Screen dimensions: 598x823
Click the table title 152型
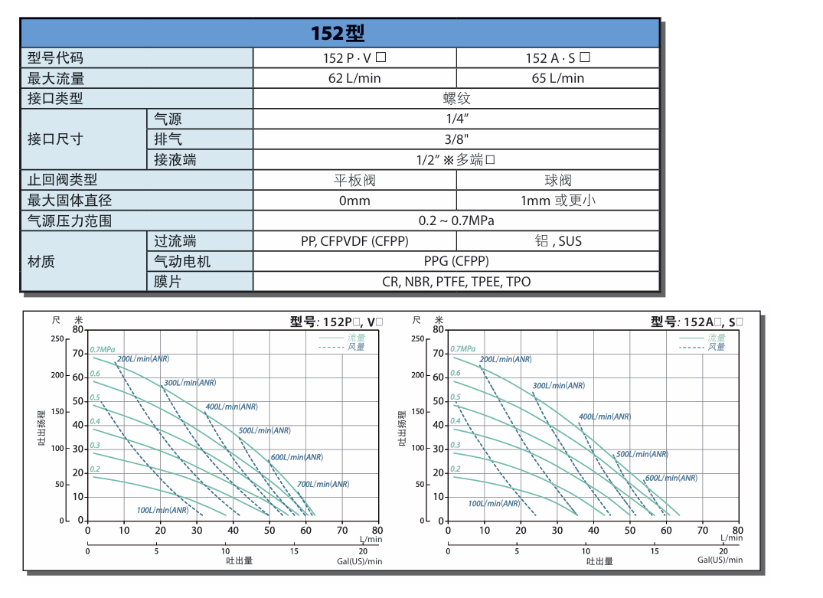point(338,34)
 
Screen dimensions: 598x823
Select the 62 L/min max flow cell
point(354,78)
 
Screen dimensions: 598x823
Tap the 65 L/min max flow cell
point(557,78)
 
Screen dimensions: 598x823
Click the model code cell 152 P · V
point(354,57)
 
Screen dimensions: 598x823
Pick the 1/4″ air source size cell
point(456,119)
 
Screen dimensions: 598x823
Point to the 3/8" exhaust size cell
point(456,139)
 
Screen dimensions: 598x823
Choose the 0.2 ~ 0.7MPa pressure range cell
point(456,221)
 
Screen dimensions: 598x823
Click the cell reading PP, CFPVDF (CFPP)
point(354,241)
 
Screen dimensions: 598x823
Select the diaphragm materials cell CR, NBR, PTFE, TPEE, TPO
point(456,282)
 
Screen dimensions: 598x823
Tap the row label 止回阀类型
point(63,180)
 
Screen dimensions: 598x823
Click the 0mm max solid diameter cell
point(354,201)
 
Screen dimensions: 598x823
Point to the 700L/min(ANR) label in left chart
point(323,484)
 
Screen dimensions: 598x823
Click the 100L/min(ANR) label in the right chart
point(494,504)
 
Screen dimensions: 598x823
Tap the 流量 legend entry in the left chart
point(356,337)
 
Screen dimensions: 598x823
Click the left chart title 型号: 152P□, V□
point(336,322)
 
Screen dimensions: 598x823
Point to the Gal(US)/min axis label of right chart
point(720,560)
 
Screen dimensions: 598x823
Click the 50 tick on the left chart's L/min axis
point(269,530)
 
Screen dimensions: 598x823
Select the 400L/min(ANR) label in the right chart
point(604,417)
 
